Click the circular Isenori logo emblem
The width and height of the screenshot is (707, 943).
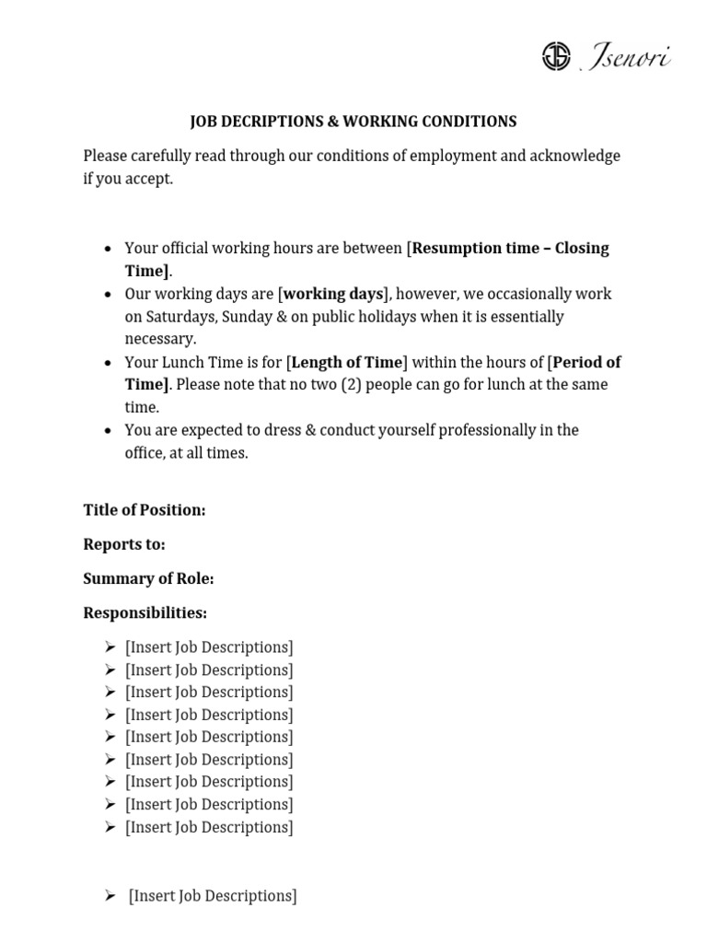pyautogui.click(x=556, y=57)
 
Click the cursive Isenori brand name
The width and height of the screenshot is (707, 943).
pyautogui.click(x=628, y=58)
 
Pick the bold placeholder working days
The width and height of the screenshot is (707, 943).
pyautogui.click(x=332, y=294)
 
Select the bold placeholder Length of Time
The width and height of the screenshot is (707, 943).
pyautogui.click(x=347, y=362)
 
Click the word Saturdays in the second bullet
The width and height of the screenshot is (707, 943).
pyautogui.click(x=180, y=317)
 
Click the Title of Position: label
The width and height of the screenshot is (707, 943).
pyautogui.click(x=145, y=510)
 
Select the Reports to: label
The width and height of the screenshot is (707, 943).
pyautogui.click(x=124, y=544)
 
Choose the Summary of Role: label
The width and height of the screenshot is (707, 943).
pyautogui.click(x=148, y=578)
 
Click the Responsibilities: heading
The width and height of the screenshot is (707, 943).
pyautogui.click(x=145, y=612)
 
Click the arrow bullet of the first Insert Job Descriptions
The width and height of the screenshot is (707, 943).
pyautogui.click(x=110, y=647)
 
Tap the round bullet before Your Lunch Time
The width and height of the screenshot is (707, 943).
pyautogui.click(x=109, y=363)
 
